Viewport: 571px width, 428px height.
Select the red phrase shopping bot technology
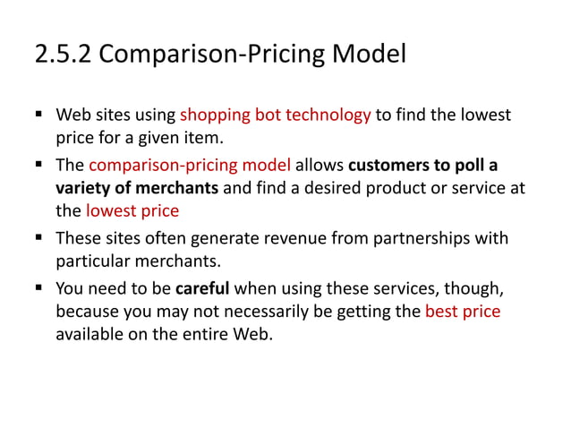[275, 116]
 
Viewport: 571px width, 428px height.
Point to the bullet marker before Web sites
[40, 116]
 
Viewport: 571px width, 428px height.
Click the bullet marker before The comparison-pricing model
[40, 165]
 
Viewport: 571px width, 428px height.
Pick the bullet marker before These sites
[40, 238]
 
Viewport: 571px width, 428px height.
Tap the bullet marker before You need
[40, 287]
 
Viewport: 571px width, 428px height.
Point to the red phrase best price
[463, 312]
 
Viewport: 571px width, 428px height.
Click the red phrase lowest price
[132, 212]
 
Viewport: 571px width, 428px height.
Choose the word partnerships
[422, 238]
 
